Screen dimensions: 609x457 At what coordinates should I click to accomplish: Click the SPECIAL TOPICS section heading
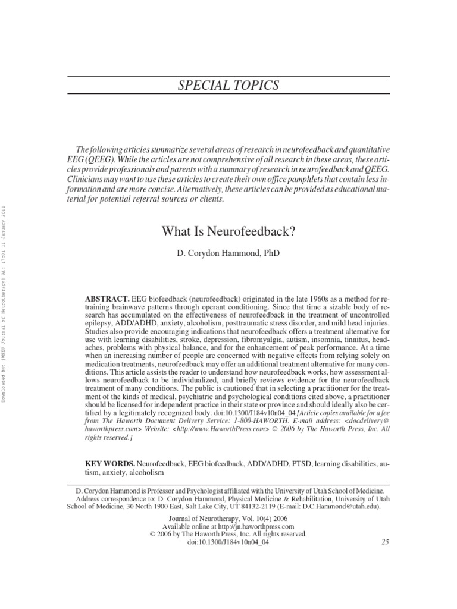pos(228,86)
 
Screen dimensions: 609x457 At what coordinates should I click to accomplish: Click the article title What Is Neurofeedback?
pos(228,231)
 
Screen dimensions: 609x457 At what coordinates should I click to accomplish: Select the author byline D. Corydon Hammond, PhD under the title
pos(228,253)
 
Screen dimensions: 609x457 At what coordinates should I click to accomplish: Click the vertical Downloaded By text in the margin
pos(5,303)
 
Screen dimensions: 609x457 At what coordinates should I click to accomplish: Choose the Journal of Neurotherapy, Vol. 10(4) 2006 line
pos(228,519)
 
